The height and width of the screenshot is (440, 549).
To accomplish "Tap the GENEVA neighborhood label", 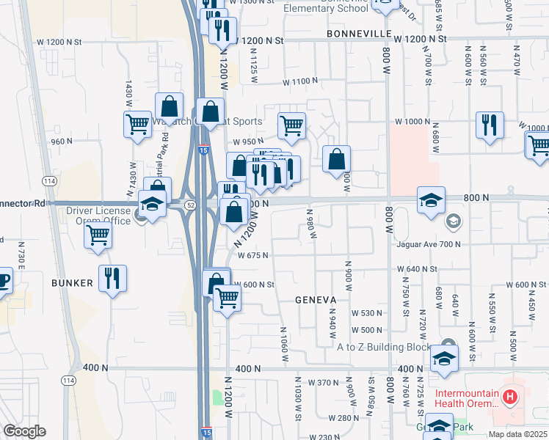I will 316,300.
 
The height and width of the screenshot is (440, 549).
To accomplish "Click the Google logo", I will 25,431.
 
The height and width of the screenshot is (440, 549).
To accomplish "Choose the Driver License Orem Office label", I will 98,216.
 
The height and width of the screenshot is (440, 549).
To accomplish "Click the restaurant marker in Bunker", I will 112,279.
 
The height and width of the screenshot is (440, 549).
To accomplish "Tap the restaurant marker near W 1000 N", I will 490,125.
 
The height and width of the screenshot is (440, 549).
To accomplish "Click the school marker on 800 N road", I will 431,199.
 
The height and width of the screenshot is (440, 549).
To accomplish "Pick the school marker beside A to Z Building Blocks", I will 444,358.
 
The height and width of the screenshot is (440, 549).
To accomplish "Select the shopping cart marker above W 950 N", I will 291,126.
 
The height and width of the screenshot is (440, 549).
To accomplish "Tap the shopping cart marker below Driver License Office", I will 98,236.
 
